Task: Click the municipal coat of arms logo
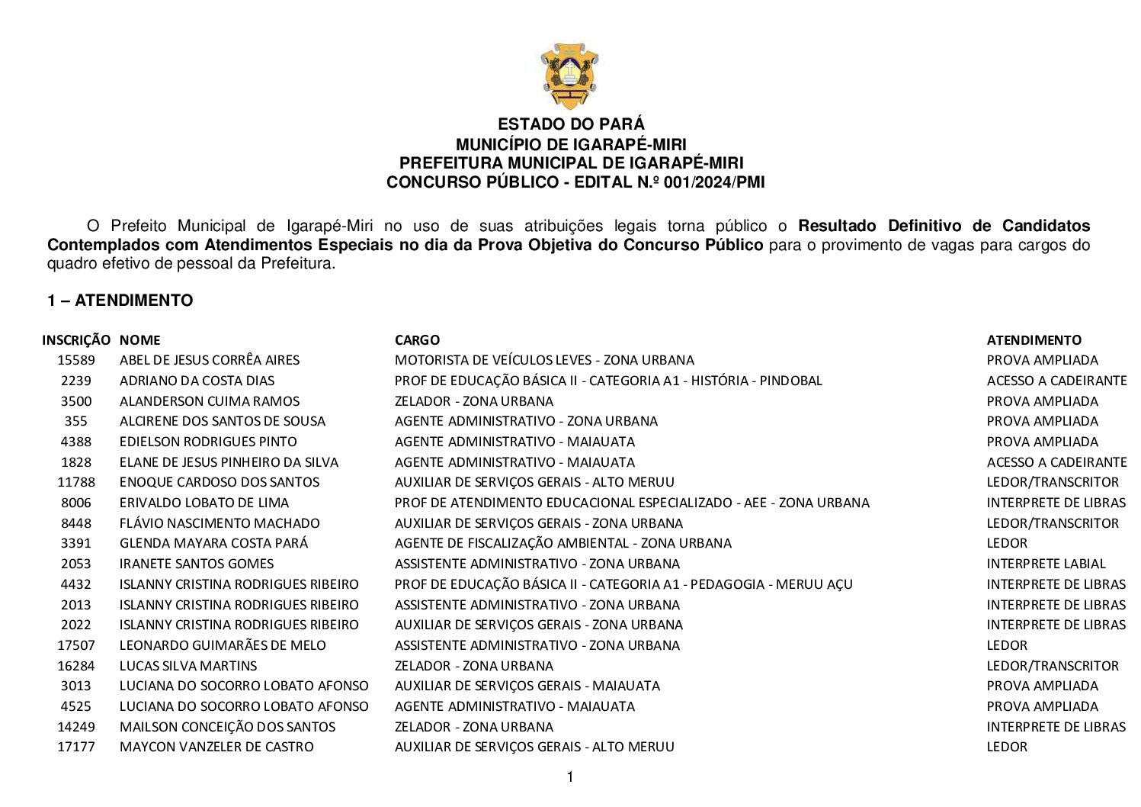pyautogui.click(x=569, y=76)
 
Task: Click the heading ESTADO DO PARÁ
pyautogui.click(x=571, y=124)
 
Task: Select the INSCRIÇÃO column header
pyautogui.click(x=76, y=340)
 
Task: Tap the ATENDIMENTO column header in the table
pyautogui.click(x=1034, y=340)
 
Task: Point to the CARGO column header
pyautogui.click(x=417, y=340)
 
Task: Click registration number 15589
pyautogui.click(x=76, y=360)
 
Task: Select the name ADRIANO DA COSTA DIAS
pyautogui.click(x=197, y=381)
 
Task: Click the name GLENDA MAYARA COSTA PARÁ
pyautogui.click(x=213, y=543)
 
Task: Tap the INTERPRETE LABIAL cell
pyautogui.click(x=1046, y=564)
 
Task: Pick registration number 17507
pyautogui.click(x=76, y=645)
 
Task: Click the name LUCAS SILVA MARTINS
pyautogui.click(x=188, y=666)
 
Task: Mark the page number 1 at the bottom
pyautogui.click(x=570, y=777)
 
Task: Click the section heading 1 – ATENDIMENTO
pyautogui.click(x=120, y=301)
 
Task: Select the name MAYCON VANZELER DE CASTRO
pyautogui.click(x=216, y=747)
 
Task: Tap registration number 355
pyautogui.click(x=76, y=421)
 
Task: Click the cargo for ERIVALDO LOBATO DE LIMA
pyautogui.click(x=632, y=503)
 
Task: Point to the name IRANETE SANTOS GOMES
pyautogui.click(x=197, y=564)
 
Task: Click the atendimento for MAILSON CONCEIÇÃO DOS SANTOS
pyautogui.click(x=1056, y=727)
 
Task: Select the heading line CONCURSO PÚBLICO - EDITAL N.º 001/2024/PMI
pyautogui.click(x=575, y=182)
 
